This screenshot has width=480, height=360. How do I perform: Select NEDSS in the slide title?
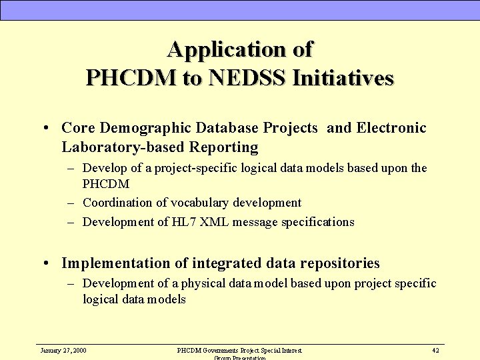249,78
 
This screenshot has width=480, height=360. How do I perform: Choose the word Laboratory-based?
123,146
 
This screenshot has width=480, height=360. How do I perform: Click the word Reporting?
223,146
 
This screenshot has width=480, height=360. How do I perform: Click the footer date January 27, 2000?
63,350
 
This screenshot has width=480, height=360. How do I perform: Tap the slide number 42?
435,350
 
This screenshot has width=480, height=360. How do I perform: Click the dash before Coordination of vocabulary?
71,203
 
